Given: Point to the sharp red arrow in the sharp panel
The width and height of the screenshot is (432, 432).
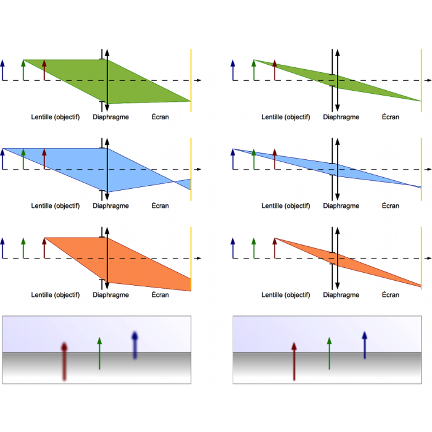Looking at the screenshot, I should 294,361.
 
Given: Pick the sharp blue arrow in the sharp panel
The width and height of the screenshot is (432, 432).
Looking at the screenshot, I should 365,346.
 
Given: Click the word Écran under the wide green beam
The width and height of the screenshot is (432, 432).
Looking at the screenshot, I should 160,117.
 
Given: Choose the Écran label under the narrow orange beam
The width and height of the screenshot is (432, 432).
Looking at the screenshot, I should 390,295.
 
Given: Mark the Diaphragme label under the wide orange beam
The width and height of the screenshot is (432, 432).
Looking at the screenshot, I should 111,295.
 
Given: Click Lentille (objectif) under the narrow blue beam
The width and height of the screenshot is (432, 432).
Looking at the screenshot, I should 286,206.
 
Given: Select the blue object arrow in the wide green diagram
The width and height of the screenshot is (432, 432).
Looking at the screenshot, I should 3,70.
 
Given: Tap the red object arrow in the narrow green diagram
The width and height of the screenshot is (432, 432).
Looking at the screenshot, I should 275,70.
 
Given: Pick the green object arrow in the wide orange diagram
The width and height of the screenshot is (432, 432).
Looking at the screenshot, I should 23,248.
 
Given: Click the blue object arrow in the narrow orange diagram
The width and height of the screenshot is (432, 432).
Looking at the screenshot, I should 233,248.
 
